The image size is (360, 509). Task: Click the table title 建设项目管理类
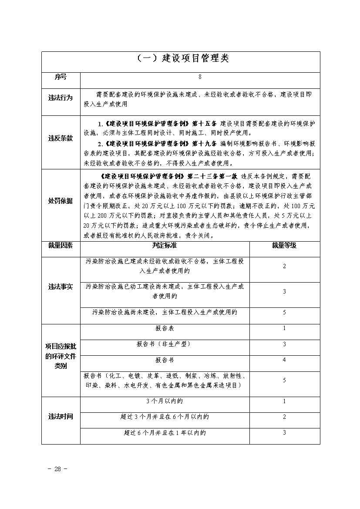(x=180, y=59)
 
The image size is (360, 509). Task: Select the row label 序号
(x=61, y=77)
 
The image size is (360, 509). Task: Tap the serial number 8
(x=200, y=77)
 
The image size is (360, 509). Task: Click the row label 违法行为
(x=61, y=98)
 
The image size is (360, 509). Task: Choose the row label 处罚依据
(x=61, y=201)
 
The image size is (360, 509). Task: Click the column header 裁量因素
(x=61, y=246)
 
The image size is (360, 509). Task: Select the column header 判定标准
(x=165, y=246)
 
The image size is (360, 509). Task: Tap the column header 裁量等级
(x=284, y=246)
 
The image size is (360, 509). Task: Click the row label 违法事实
(x=61, y=287)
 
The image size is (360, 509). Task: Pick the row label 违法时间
(x=61, y=417)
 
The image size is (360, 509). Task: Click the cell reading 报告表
(x=165, y=328)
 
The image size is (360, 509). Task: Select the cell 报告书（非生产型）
(x=165, y=344)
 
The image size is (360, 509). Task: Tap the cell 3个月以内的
(x=165, y=401)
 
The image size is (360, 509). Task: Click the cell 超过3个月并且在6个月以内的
(x=165, y=417)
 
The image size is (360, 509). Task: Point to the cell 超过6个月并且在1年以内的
(x=165, y=433)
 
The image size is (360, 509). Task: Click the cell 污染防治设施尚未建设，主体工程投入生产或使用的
(x=165, y=312)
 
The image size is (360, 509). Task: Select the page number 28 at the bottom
(x=57, y=469)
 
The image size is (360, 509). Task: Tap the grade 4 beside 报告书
(x=284, y=360)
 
